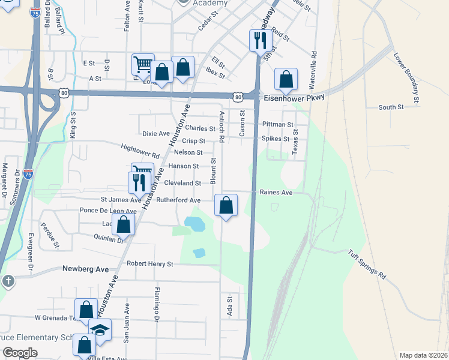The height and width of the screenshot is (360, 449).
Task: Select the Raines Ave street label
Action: [276, 193]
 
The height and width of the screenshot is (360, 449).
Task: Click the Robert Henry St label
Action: [149, 263]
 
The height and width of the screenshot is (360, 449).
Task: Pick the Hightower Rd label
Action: [140, 151]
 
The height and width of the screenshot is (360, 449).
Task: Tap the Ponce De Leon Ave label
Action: [109, 211]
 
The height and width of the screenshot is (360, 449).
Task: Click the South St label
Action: [391, 107]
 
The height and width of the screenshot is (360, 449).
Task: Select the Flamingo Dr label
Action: [156, 311]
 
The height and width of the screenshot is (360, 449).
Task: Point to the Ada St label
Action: [229, 306]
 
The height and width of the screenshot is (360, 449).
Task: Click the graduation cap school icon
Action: [100, 329]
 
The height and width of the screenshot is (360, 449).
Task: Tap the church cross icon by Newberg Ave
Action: [8, 281]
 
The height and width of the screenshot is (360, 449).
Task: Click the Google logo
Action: [20, 353]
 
